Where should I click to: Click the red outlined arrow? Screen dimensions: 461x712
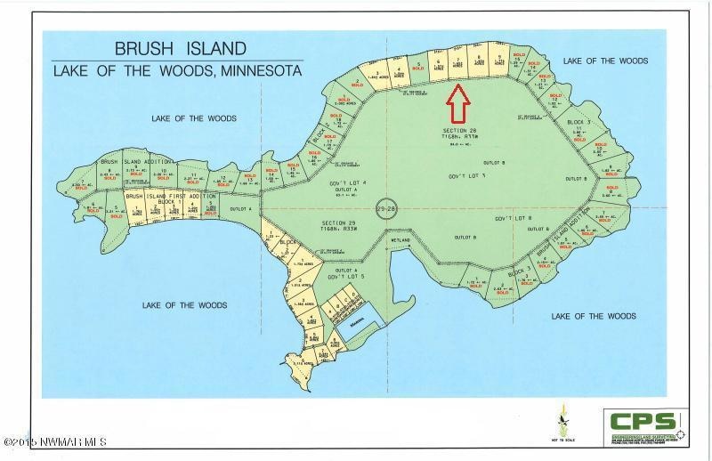457,103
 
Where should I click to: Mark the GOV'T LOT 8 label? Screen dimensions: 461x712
513,218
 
